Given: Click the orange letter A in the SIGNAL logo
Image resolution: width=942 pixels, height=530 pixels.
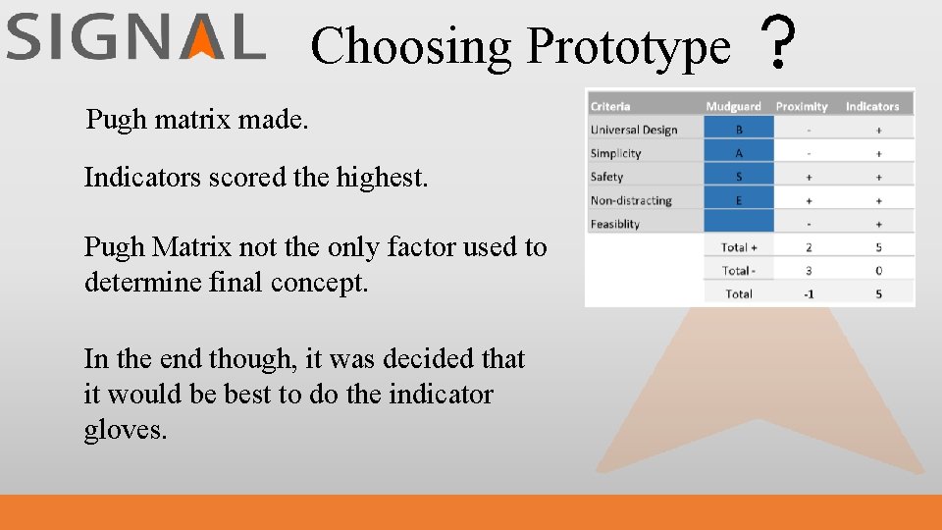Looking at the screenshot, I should pos(203,39).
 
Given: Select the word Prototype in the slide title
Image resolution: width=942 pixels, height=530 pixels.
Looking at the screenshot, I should pos(628,47).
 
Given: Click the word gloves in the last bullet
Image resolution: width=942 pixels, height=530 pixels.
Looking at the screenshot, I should pos(125,431).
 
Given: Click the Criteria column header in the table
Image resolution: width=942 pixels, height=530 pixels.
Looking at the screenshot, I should pos(610,106).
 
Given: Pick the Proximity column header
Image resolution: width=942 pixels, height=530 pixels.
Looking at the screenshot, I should pos(802,106).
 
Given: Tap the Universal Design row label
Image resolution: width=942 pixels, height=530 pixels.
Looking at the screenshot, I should pos(634,130).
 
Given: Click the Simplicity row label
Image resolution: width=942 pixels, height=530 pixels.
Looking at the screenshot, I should pos(616,153).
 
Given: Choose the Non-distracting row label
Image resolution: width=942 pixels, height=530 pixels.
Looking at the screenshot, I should pos(631,200).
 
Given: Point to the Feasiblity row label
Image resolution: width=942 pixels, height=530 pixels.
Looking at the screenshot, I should pos(615,224).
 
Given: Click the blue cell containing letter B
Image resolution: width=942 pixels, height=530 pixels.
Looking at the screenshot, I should pos(739,130).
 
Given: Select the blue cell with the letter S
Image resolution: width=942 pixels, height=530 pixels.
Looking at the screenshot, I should pos(739,177).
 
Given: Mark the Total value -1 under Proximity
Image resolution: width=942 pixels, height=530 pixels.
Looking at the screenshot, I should pos(809,293).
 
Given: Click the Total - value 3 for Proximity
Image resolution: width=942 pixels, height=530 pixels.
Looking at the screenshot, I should pos(809,270).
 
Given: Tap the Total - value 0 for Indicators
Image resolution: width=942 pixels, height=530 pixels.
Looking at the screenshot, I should pos(878,270).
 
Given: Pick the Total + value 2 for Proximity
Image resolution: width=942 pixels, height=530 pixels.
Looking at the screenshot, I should pos(809,247).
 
